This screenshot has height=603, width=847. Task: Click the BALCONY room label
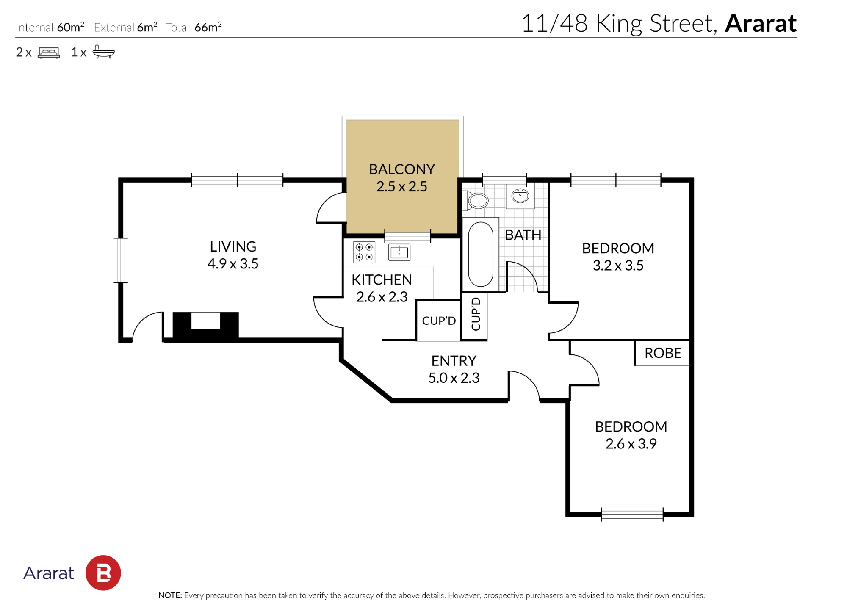(402, 169)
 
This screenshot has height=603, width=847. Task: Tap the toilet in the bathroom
(477, 201)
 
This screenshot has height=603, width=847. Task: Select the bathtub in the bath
(481, 254)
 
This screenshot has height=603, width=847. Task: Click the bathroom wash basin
(520, 196)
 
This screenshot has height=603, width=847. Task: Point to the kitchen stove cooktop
(364, 252)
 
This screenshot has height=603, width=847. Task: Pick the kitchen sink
(399, 252)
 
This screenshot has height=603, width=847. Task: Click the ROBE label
(663, 353)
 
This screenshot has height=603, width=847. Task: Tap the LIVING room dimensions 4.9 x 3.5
(233, 264)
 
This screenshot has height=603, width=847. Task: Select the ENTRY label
(454, 361)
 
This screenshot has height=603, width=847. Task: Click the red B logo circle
(103, 573)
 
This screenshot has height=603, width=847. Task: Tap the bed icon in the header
(49, 53)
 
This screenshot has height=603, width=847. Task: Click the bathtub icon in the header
(104, 52)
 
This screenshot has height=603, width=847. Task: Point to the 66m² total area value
(208, 27)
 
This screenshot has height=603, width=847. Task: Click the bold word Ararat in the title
(761, 23)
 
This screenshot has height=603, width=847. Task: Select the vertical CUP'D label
(476, 314)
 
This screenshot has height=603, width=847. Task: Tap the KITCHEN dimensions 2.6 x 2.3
(382, 297)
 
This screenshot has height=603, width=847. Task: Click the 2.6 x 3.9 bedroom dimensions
(631, 444)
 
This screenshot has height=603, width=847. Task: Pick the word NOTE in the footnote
(170, 595)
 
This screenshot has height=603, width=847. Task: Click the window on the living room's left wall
(121, 260)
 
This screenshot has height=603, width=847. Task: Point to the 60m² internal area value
(70, 27)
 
